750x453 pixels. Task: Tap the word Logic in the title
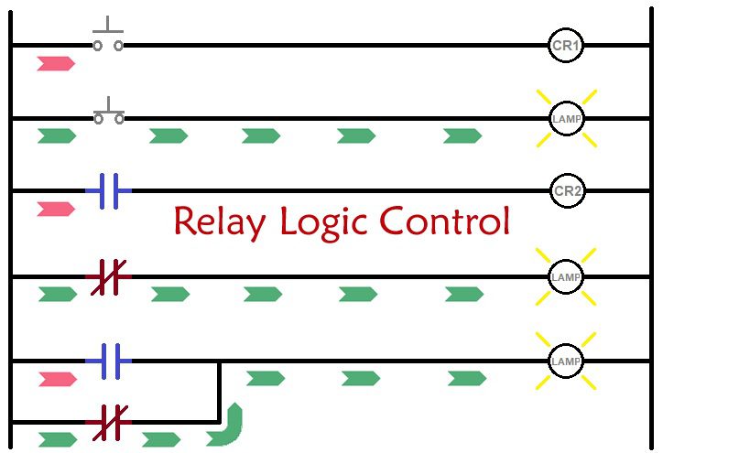click(x=324, y=222)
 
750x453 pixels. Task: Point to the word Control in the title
click(x=445, y=221)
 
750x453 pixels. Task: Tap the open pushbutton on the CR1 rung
click(x=108, y=35)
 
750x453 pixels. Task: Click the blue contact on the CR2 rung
click(x=109, y=191)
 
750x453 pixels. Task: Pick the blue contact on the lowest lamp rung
click(x=109, y=361)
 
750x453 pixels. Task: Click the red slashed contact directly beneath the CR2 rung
click(x=109, y=277)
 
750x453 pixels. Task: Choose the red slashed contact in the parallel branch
click(x=110, y=423)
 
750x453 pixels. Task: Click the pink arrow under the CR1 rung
click(x=56, y=63)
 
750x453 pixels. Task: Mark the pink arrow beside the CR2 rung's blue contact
click(x=56, y=209)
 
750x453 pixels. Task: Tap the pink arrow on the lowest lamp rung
click(x=58, y=380)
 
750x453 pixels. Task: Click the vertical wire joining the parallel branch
click(x=219, y=393)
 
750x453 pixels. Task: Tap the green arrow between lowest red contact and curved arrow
click(x=161, y=439)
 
